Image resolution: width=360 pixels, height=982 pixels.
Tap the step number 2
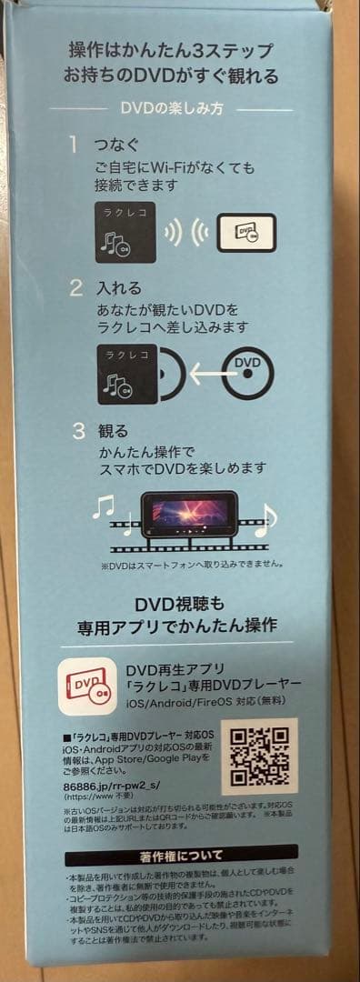tap(77, 288)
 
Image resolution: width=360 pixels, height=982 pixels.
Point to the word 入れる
tap(118, 288)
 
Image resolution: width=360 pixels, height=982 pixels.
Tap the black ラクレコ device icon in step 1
tap(125, 233)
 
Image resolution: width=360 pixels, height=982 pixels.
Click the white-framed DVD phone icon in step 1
tap(246, 233)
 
